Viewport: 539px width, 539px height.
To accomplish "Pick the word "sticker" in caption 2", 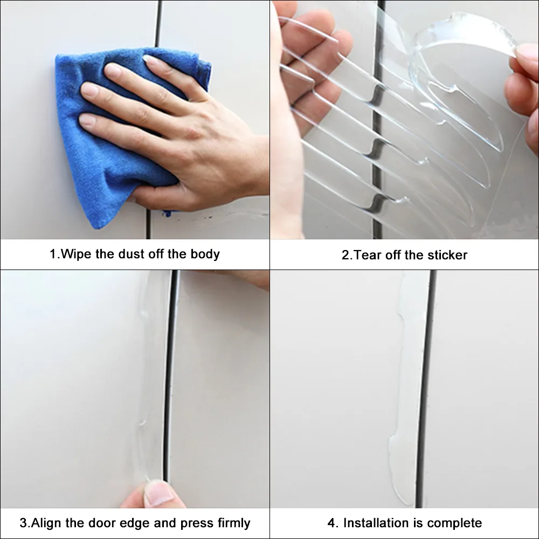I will coord(447,255).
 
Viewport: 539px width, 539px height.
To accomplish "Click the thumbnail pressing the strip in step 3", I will coord(158,493).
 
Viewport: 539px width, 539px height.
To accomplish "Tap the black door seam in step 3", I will coord(170,377).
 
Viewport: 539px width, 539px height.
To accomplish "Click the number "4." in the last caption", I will coord(332,523).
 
